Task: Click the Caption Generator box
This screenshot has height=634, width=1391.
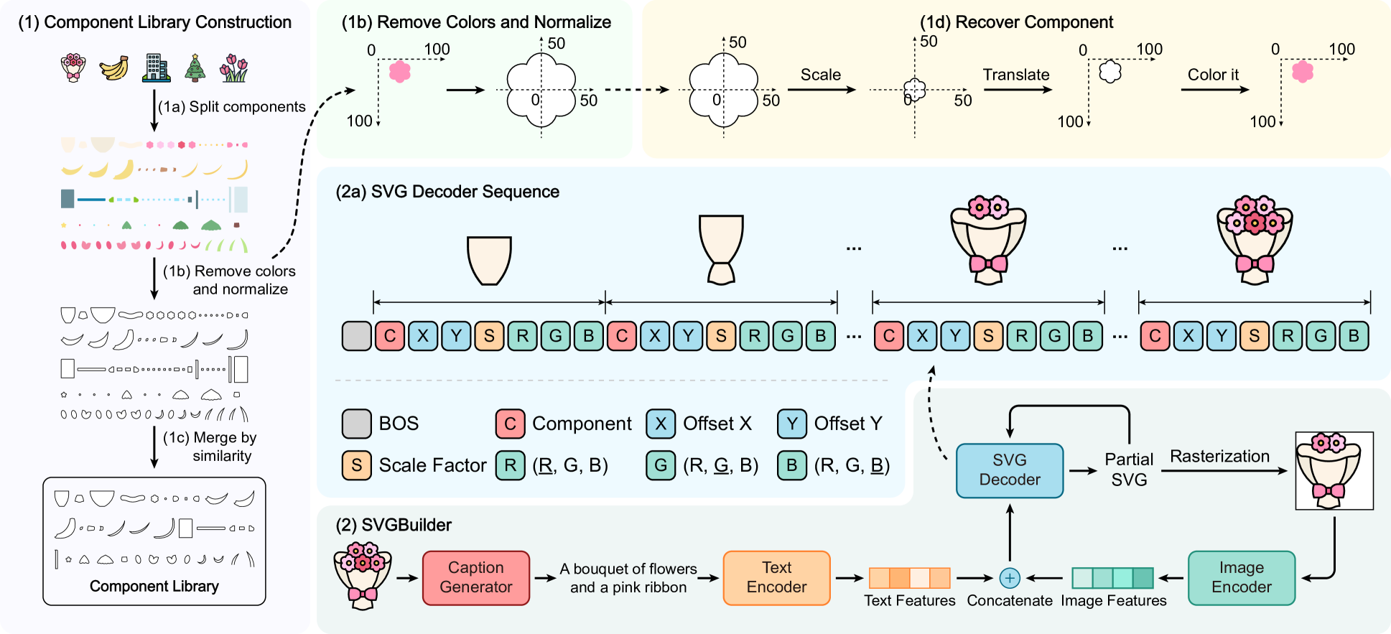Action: click(x=475, y=577)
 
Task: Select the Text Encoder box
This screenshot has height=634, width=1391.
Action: click(x=776, y=577)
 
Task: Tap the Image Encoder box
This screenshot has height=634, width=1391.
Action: click(x=1241, y=577)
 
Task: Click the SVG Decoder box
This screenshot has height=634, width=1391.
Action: click(x=1009, y=470)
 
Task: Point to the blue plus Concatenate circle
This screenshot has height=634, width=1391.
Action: click(x=1010, y=577)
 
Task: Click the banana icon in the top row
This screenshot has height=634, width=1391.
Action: click(x=113, y=68)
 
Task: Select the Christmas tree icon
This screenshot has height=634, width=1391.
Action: click(x=195, y=68)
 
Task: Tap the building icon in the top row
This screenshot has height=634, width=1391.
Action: click(x=155, y=68)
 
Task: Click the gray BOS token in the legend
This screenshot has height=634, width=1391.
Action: click(x=356, y=424)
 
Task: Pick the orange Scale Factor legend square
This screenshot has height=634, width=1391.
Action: click(x=356, y=465)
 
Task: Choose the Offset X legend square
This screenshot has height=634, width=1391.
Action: click(x=661, y=424)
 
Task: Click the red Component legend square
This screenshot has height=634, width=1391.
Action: click(x=510, y=424)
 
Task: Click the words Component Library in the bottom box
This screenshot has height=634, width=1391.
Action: click(x=154, y=586)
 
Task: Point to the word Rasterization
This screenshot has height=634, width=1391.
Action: click(x=1219, y=456)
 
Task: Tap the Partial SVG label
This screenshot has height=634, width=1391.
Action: click(x=1129, y=470)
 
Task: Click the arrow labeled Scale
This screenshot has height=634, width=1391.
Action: click(x=822, y=90)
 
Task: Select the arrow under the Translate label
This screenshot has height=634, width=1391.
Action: click(x=1017, y=90)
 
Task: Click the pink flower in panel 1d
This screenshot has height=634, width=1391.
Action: click(x=1303, y=72)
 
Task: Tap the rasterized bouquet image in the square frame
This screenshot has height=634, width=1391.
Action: click(x=1334, y=471)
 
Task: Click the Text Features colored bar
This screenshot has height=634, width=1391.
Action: click(x=909, y=577)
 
